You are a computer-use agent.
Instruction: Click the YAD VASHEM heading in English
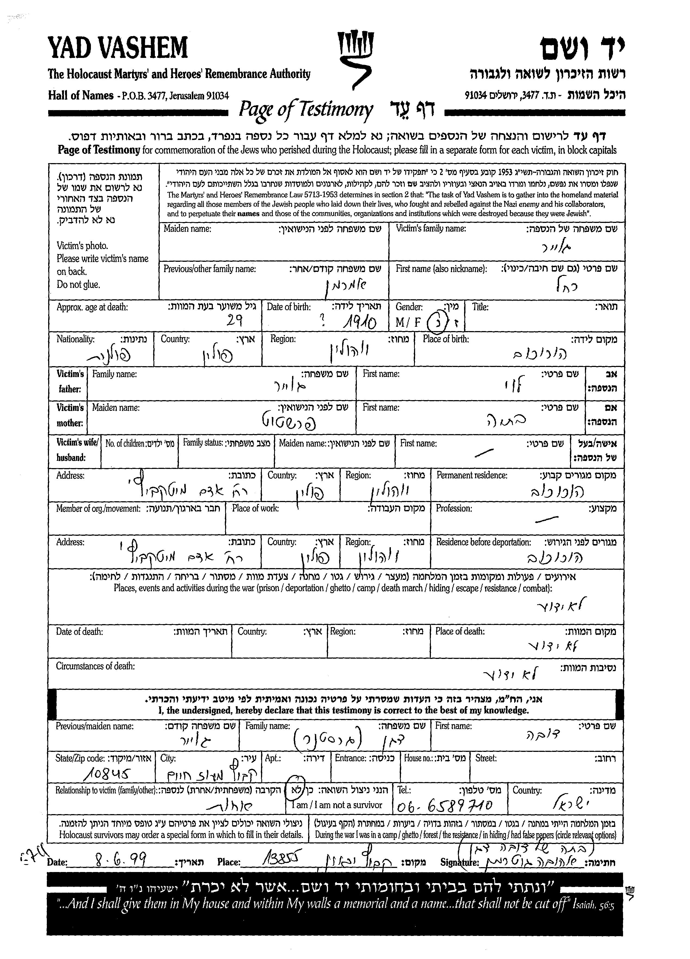[x=118, y=48]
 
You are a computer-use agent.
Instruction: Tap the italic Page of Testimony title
[x=306, y=110]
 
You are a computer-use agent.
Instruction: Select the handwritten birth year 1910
[x=359, y=324]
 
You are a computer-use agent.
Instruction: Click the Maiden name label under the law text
[x=187, y=229]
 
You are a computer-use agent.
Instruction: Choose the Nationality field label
[x=75, y=339]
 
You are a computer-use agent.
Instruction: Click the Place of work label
[x=255, y=508]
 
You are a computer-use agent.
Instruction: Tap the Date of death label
[x=79, y=632]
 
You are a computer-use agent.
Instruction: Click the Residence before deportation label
[x=483, y=542]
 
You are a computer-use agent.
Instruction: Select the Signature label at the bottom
[x=459, y=863]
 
